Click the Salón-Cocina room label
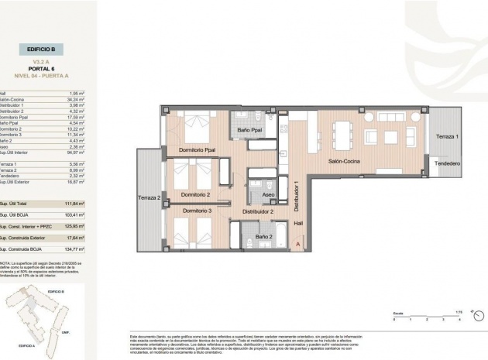[345, 162]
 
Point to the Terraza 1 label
[447, 136]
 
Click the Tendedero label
[447, 163]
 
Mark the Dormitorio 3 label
[197, 211]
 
